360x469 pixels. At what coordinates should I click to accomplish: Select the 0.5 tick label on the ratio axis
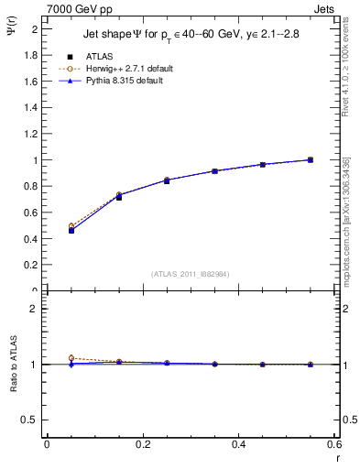(x=30, y=420)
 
